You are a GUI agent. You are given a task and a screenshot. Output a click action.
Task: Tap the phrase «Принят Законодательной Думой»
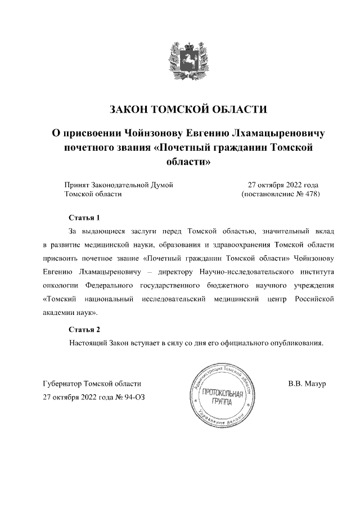[118, 184]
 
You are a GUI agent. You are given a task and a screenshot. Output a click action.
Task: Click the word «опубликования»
[295, 343]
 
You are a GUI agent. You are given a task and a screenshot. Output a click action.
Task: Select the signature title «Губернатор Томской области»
[92, 384]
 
